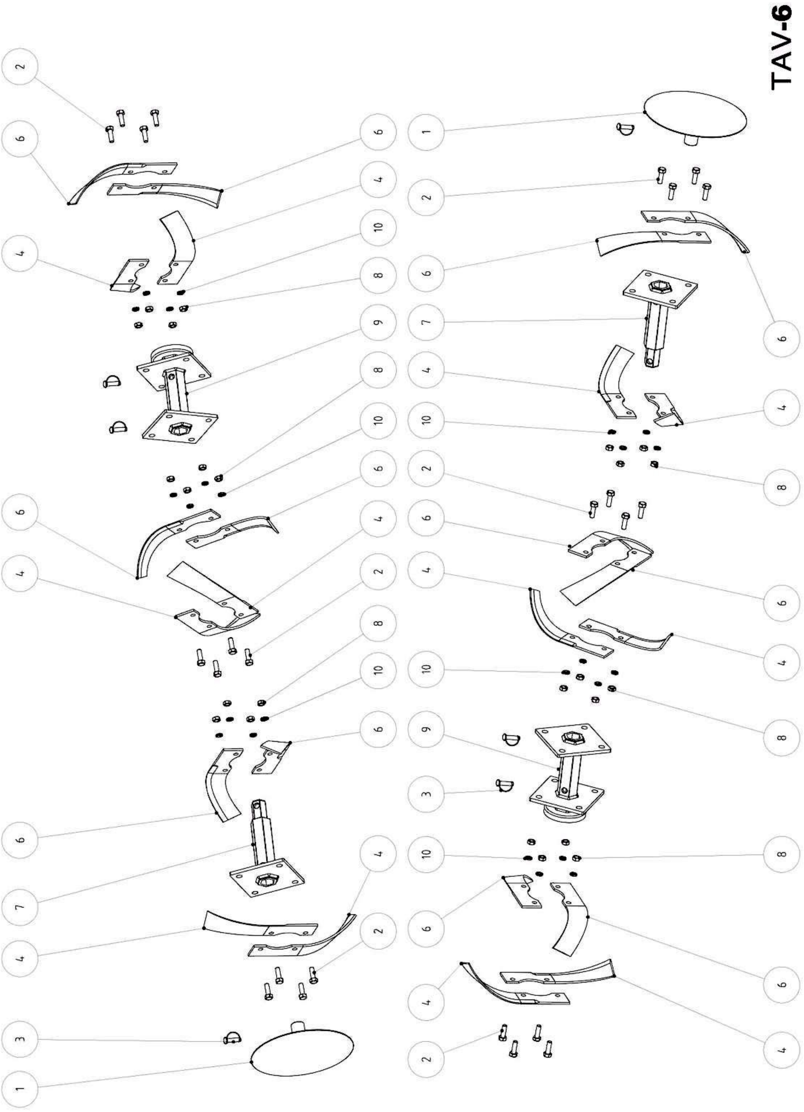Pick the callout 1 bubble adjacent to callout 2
(426, 131)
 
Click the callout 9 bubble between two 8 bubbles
(378, 323)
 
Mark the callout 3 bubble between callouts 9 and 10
(426, 793)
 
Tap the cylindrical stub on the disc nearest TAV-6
(690, 140)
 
